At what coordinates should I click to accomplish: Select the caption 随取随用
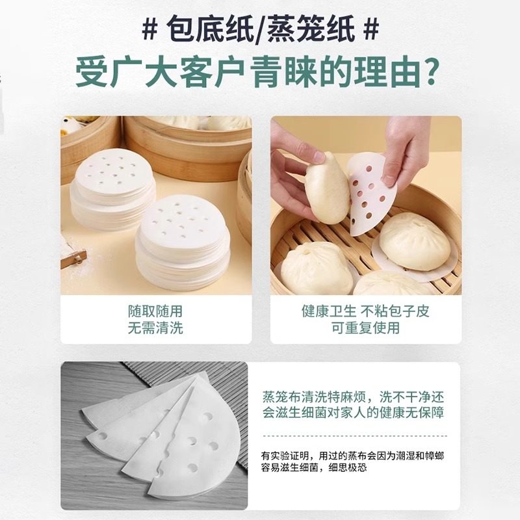click(156, 311)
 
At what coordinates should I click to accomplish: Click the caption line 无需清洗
click(156, 328)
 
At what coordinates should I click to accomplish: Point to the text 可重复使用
click(365, 328)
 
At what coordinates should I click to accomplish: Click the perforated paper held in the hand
click(368, 195)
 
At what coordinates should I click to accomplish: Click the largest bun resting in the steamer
click(414, 240)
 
